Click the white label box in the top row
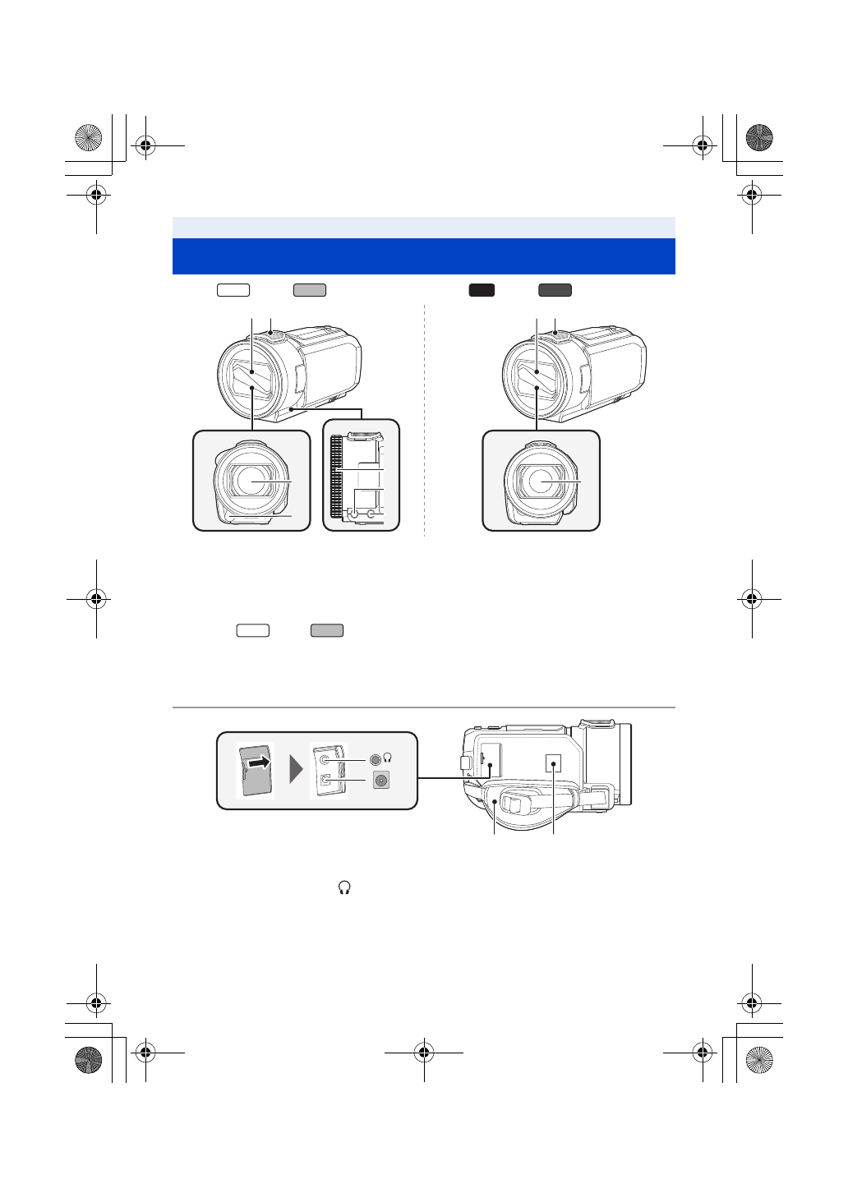click(233, 289)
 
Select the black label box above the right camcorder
click(482, 289)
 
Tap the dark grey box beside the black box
click(555, 289)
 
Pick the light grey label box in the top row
click(310, 289)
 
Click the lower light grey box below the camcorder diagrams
click(327, 630)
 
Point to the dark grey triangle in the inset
click(297, 771)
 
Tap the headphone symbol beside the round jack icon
click(388, 758)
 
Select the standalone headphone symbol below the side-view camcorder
click(344, 887)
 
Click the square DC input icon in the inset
click(380, 781)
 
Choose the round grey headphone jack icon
click(376, 759)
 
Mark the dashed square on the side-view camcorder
click(555, 764)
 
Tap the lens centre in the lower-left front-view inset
click(251, 480)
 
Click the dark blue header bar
click(423, 256)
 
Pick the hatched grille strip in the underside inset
click(335, 481)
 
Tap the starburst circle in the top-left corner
click(87, 137)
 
